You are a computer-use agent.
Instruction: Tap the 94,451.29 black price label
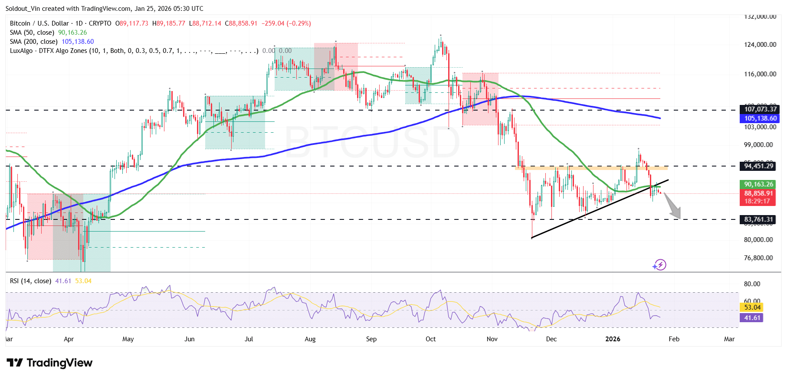click(758, 166)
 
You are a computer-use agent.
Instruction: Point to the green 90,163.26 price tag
click(758, 184)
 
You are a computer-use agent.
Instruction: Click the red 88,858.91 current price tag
click(758, 193)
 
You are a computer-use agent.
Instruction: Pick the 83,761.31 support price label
click(758, 219)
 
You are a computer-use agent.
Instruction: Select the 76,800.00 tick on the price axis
click(758, 258)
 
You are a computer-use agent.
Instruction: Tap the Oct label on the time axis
click(430, 339)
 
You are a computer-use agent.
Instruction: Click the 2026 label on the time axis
click(613, 339)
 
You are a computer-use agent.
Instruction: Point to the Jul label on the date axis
click(249, 339)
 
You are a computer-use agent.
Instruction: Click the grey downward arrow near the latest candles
click(673, 206)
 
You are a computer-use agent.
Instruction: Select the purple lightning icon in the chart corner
click(659, 265)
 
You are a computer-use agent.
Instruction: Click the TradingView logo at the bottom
click(49, 363)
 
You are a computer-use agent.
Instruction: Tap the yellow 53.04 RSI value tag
click(752, 307)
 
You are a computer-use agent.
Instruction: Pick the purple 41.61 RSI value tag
click(752, 318)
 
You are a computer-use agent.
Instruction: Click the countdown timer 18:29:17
click(757, 201)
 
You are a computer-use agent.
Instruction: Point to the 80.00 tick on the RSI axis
click(752, 284)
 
